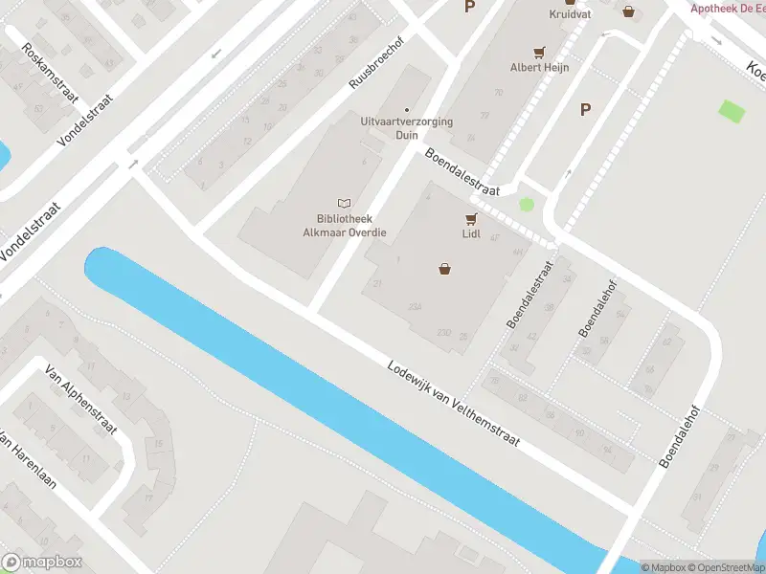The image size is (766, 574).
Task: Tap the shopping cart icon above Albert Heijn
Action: [x=539, y=53]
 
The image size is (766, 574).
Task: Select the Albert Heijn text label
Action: [x=539, y=68]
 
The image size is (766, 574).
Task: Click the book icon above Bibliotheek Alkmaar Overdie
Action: [x=345, y=203]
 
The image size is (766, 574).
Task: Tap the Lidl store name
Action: [x=470, y=232]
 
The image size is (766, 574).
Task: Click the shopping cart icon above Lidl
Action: [x=470, y=217]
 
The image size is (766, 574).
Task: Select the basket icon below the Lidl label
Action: [x=444, y=269]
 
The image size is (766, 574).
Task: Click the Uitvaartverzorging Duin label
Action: [x=407, y=128]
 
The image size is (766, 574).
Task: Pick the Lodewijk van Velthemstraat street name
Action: [x=453, y=403]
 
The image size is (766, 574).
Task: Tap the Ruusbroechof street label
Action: [x=376, y=64]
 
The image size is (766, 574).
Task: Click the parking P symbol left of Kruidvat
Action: [x=469, y=7]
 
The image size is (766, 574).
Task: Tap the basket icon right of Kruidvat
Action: [x=628, y=11]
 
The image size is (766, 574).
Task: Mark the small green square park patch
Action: [x=731, y=111]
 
